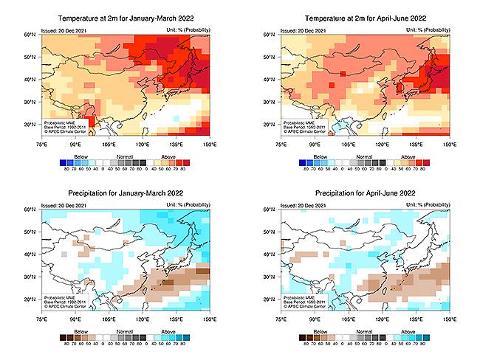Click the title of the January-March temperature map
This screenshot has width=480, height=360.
(x=126, y=17)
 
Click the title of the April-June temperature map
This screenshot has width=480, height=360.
(x=363, y=17)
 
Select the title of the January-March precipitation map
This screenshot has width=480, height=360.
(x=126, y=193)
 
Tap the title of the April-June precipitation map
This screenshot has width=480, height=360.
(x=363, y=193)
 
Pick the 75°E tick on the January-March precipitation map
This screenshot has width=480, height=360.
(x=41, y=321)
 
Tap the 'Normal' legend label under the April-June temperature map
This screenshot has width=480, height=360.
(x=363, y=156)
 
